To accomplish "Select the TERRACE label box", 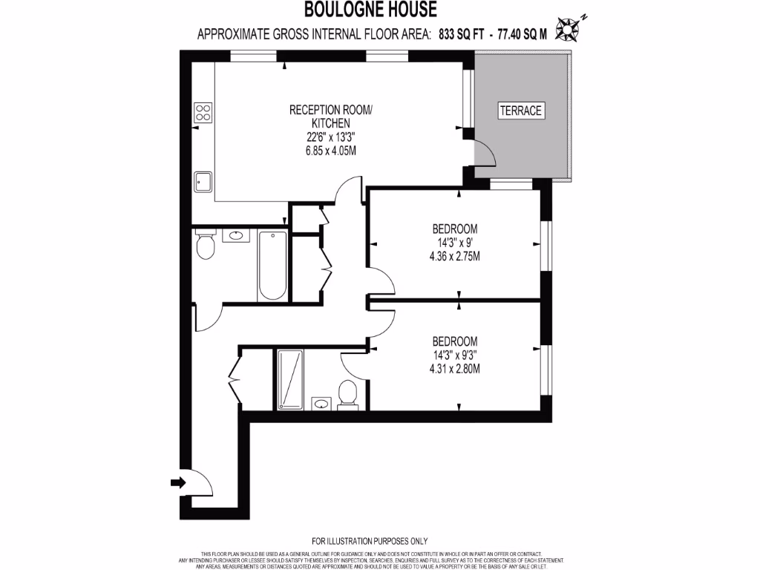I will (x=521, y=111).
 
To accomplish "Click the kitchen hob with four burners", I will (x=203, y=112).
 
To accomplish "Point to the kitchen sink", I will (x=203, y=181).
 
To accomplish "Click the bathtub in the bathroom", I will (x=272, y=265).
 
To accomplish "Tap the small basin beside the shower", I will (x=321, y=404).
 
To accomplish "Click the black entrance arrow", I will (x=177, y=483).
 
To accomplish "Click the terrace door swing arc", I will (x=486, y=154).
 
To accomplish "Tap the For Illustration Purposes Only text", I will (x=370, y=541).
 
